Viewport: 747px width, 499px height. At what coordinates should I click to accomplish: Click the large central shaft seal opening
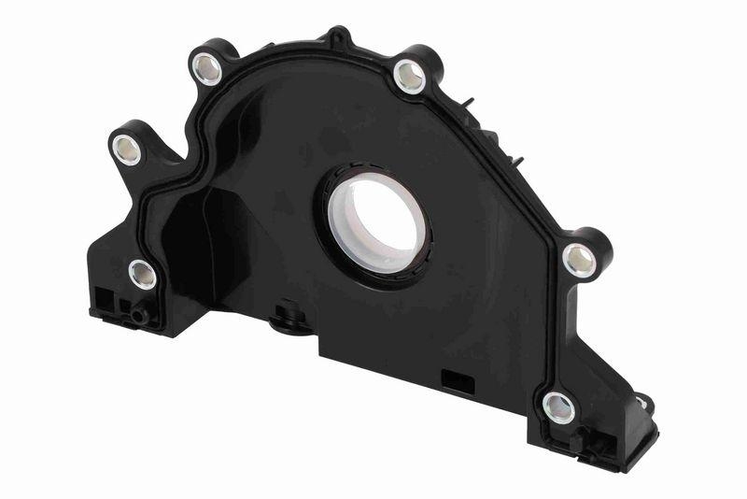click(373, 221)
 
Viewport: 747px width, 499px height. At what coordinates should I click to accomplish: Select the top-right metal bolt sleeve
click(408, 76)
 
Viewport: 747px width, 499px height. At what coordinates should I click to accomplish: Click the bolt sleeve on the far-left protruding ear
click(125, 149)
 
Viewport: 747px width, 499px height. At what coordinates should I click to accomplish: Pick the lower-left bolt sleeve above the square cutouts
click(142, 274)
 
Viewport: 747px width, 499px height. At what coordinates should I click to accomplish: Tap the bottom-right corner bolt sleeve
click(558, 407)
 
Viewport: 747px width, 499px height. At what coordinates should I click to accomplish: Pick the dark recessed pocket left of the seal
click(219, 234)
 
